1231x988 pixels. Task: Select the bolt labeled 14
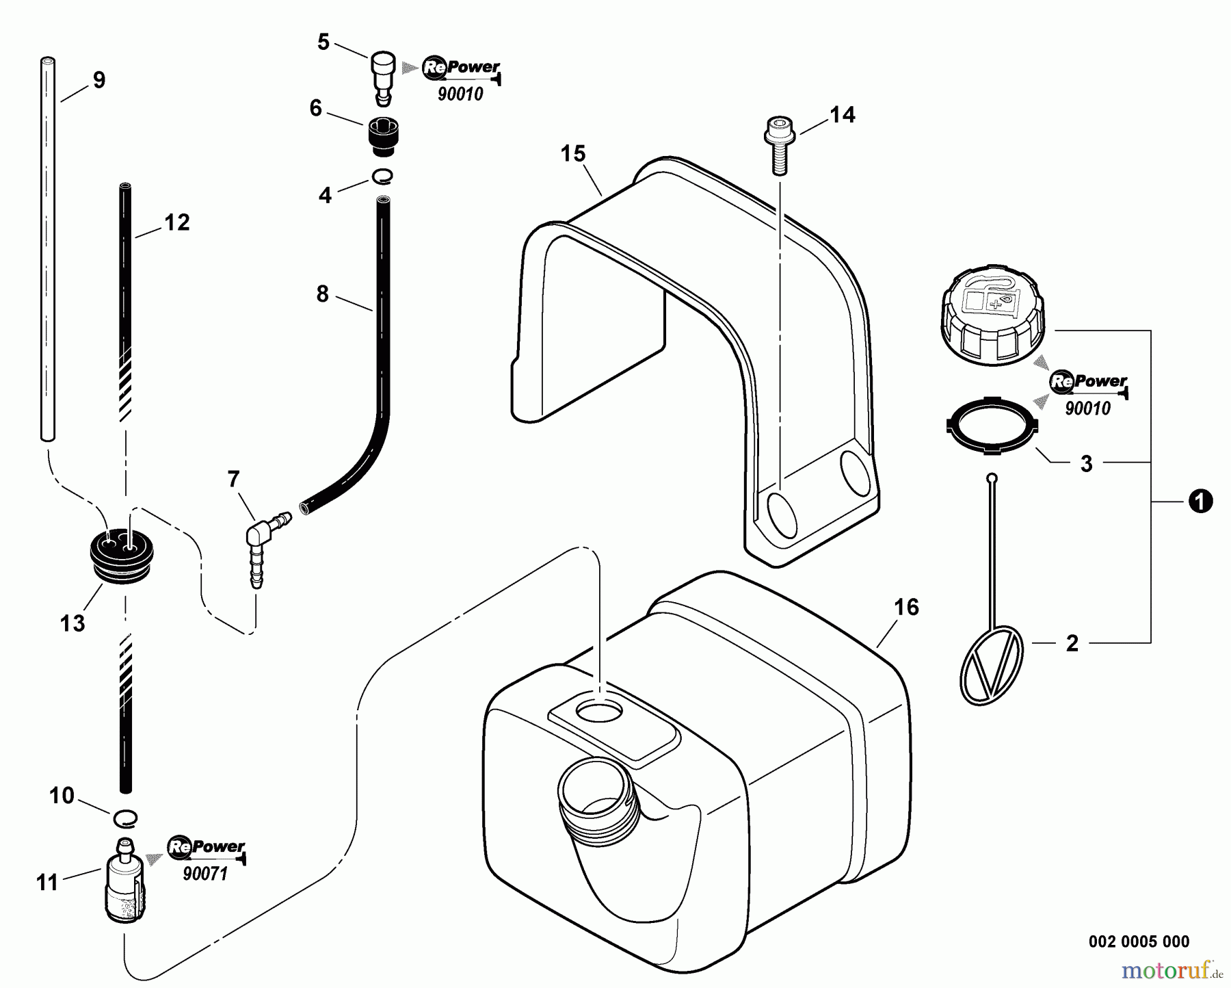coord(778,146)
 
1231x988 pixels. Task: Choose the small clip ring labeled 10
coord(124,816)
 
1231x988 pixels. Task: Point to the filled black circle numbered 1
coord(1201,502)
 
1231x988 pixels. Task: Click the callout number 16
coord(907,608)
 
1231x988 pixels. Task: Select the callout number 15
coord(573,154)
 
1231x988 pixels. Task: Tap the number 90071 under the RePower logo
coord(205,874)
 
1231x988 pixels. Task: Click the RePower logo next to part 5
coord(461,67)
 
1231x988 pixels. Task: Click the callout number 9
coord(99,81)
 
